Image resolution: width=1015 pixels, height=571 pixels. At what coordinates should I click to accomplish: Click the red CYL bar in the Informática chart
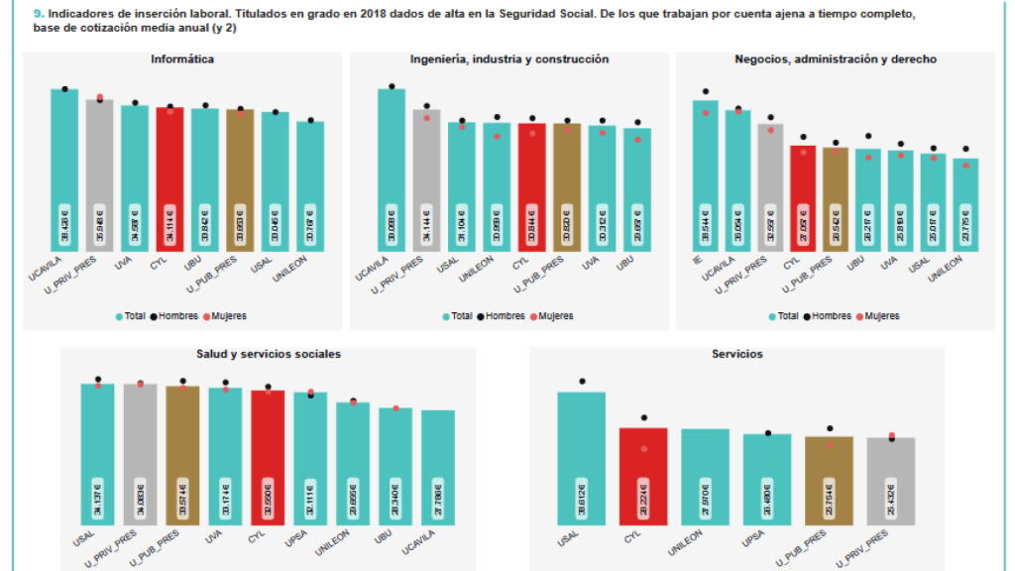[169, 178]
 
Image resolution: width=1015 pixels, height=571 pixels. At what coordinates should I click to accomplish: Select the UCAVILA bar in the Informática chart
[64, 169]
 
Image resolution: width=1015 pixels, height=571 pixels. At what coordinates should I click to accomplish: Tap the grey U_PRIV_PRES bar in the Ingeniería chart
[427, 178]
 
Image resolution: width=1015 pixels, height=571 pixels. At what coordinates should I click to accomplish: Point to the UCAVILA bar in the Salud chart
[438, 467]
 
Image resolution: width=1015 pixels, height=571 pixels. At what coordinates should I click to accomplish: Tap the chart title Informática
[182, 59]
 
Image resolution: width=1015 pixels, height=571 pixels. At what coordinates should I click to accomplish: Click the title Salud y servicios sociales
[269, 354]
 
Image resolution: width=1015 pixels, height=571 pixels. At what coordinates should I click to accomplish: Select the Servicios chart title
[736, 354]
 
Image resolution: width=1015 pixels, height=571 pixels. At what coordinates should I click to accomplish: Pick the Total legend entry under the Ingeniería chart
[457, 316]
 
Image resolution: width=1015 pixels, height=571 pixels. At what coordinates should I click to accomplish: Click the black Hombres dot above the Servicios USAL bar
[582, 381]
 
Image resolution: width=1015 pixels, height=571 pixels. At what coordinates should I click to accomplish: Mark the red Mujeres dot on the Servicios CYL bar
[643, 449]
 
